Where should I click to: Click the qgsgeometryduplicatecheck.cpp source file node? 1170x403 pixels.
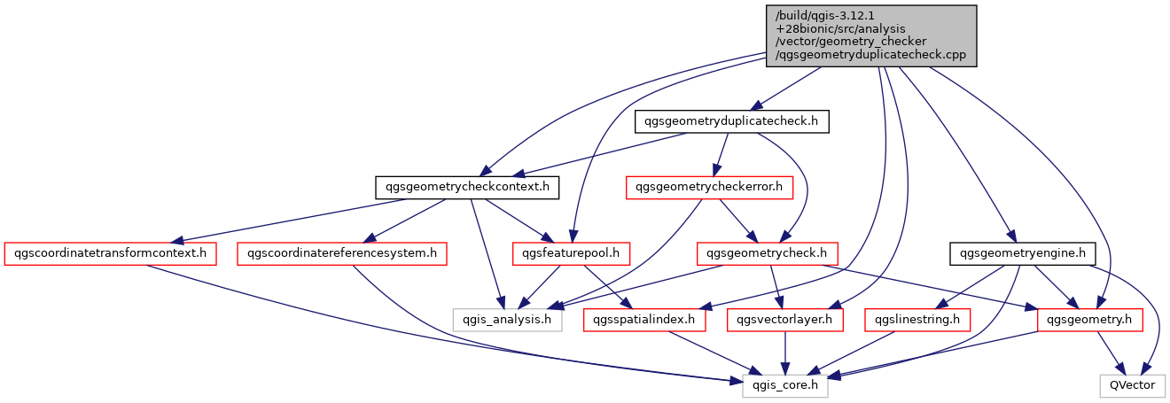(871, 35)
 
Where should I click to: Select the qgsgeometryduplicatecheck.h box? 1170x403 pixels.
(731, 122)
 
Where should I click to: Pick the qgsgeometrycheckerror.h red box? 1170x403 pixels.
(709, 188)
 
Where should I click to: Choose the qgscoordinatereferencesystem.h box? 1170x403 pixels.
(341, 253)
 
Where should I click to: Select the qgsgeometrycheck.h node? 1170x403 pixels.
(768, 253)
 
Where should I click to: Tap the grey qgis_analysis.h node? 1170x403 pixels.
(508, 319)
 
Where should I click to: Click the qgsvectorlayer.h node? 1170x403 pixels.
(785, 319)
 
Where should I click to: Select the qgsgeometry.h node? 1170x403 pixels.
(1090, 319)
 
